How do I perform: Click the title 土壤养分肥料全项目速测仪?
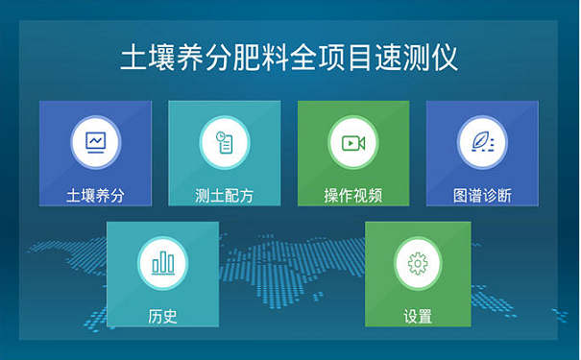(x=289, y=58)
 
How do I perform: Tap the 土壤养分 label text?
(x=95, y=195)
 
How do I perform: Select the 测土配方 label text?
(x=225, y=195)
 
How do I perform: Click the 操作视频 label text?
(x=353, y=195)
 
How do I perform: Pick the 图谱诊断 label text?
(x=482, y=195)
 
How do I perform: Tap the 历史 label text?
(x=162, y=316)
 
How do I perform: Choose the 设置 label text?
(x=418, y=316)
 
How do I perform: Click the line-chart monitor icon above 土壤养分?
(x=95, y=141)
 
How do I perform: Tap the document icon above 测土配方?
(x=225, y=141)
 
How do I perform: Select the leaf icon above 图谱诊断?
(x=482, y=141)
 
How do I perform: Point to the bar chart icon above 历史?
(x=162, y=261)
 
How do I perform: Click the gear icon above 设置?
(x=418, y=262)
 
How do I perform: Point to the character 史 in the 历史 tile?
(x=170, y=316)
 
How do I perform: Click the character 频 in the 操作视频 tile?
(x=375, y=195)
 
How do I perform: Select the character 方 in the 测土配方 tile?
(x=247, y=195)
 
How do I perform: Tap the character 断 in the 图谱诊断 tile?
(x=504, y=195)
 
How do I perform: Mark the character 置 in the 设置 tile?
(x=425, y=316)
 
